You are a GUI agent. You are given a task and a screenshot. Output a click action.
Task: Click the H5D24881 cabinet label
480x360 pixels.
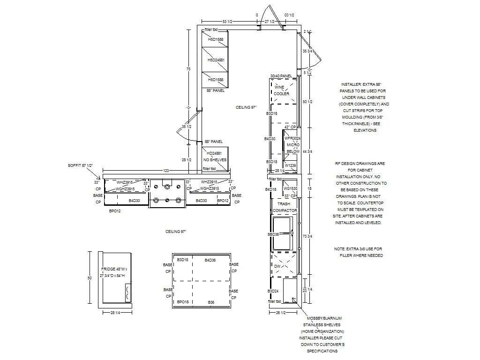click(x=216, y=60)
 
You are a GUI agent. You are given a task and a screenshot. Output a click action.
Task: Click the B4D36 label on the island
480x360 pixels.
click(x=210, y=260)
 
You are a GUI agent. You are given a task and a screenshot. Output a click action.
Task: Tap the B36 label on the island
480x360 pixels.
click(x=211, y=302)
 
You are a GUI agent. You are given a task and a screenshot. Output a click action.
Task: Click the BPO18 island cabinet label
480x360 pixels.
click(x=182, y=302)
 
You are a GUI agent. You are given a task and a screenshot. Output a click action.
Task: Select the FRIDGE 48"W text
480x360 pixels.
click(x=114, y=269)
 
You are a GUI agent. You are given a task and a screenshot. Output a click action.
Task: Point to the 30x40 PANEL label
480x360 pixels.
click(x=281, y=76)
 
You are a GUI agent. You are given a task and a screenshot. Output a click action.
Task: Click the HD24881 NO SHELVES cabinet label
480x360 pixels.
click(x=215, y=157)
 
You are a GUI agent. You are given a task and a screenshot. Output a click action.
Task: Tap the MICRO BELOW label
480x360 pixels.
click(x=293, y=148)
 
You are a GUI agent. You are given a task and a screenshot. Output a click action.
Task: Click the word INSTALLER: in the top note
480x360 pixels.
click(x=352, y=84)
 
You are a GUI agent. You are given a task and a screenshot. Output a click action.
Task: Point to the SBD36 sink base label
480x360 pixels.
click(x=273, y=234)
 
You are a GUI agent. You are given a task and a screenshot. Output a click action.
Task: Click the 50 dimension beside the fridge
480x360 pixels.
click(x=90, y=278)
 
